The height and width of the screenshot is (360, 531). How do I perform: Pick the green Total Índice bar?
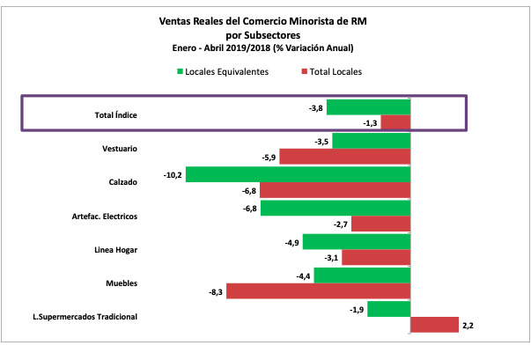[382, 107]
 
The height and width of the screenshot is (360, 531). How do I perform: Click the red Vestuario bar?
[345, 158]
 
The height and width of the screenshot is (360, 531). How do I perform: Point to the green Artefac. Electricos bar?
[336, 208]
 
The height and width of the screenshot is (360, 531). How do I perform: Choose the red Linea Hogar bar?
[376, 258]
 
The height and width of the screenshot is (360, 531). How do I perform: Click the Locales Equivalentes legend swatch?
[181, 71]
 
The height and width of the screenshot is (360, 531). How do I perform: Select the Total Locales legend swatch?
[302, 71]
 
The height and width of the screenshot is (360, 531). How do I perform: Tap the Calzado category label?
[122, 182]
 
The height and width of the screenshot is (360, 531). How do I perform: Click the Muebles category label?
[121, 283]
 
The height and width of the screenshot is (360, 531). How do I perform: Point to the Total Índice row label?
[115, 115]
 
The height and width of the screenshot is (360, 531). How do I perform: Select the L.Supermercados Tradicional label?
[92, 316]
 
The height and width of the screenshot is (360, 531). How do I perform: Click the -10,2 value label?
[173, 174]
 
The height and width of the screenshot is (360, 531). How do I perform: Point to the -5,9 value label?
[268, 158]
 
